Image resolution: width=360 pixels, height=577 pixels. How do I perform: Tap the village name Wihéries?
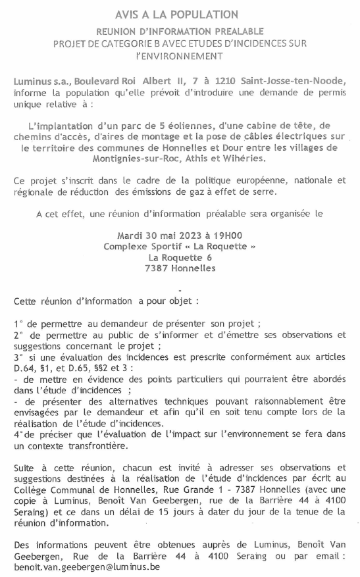245,159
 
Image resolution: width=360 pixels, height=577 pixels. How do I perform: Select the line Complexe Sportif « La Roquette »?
180,246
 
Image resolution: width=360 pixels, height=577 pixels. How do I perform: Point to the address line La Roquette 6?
180,257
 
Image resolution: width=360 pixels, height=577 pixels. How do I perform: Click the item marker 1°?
18,324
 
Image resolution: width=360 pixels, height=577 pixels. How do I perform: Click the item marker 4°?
18,435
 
